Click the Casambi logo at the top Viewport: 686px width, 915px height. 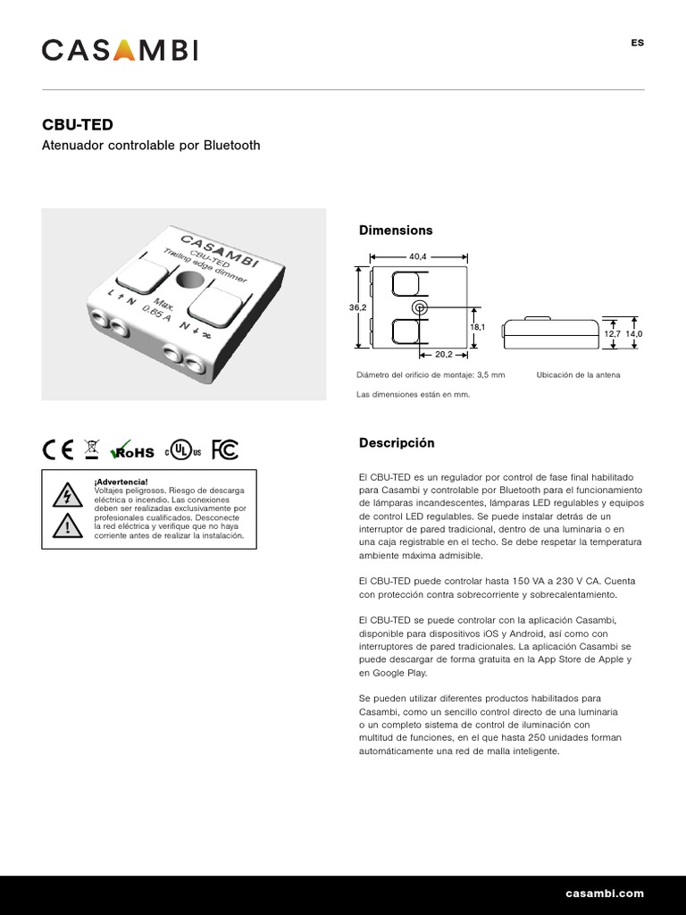(120, 50)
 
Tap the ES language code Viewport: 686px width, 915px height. (637, 43)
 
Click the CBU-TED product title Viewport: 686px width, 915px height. (78, 125)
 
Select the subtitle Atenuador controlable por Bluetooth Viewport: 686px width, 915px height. (151, 145)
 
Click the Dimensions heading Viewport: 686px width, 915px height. (396, 231)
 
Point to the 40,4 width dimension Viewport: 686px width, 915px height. (418, 256)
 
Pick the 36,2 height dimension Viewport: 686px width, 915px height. (357, 307)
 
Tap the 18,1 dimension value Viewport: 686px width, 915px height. (477, 327)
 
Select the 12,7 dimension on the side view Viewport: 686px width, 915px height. (612, 333)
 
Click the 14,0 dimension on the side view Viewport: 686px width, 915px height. (633, 333)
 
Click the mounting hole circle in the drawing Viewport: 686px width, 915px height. (419, 307)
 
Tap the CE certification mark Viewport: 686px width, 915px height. (58, 449)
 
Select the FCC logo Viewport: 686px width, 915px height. (224, 449)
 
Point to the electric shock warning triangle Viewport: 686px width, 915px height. (67, 494)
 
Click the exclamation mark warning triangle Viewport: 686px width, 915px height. (67, 526)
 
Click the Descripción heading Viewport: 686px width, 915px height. (397, 443)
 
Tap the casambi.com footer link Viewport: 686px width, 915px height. (605, 894)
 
